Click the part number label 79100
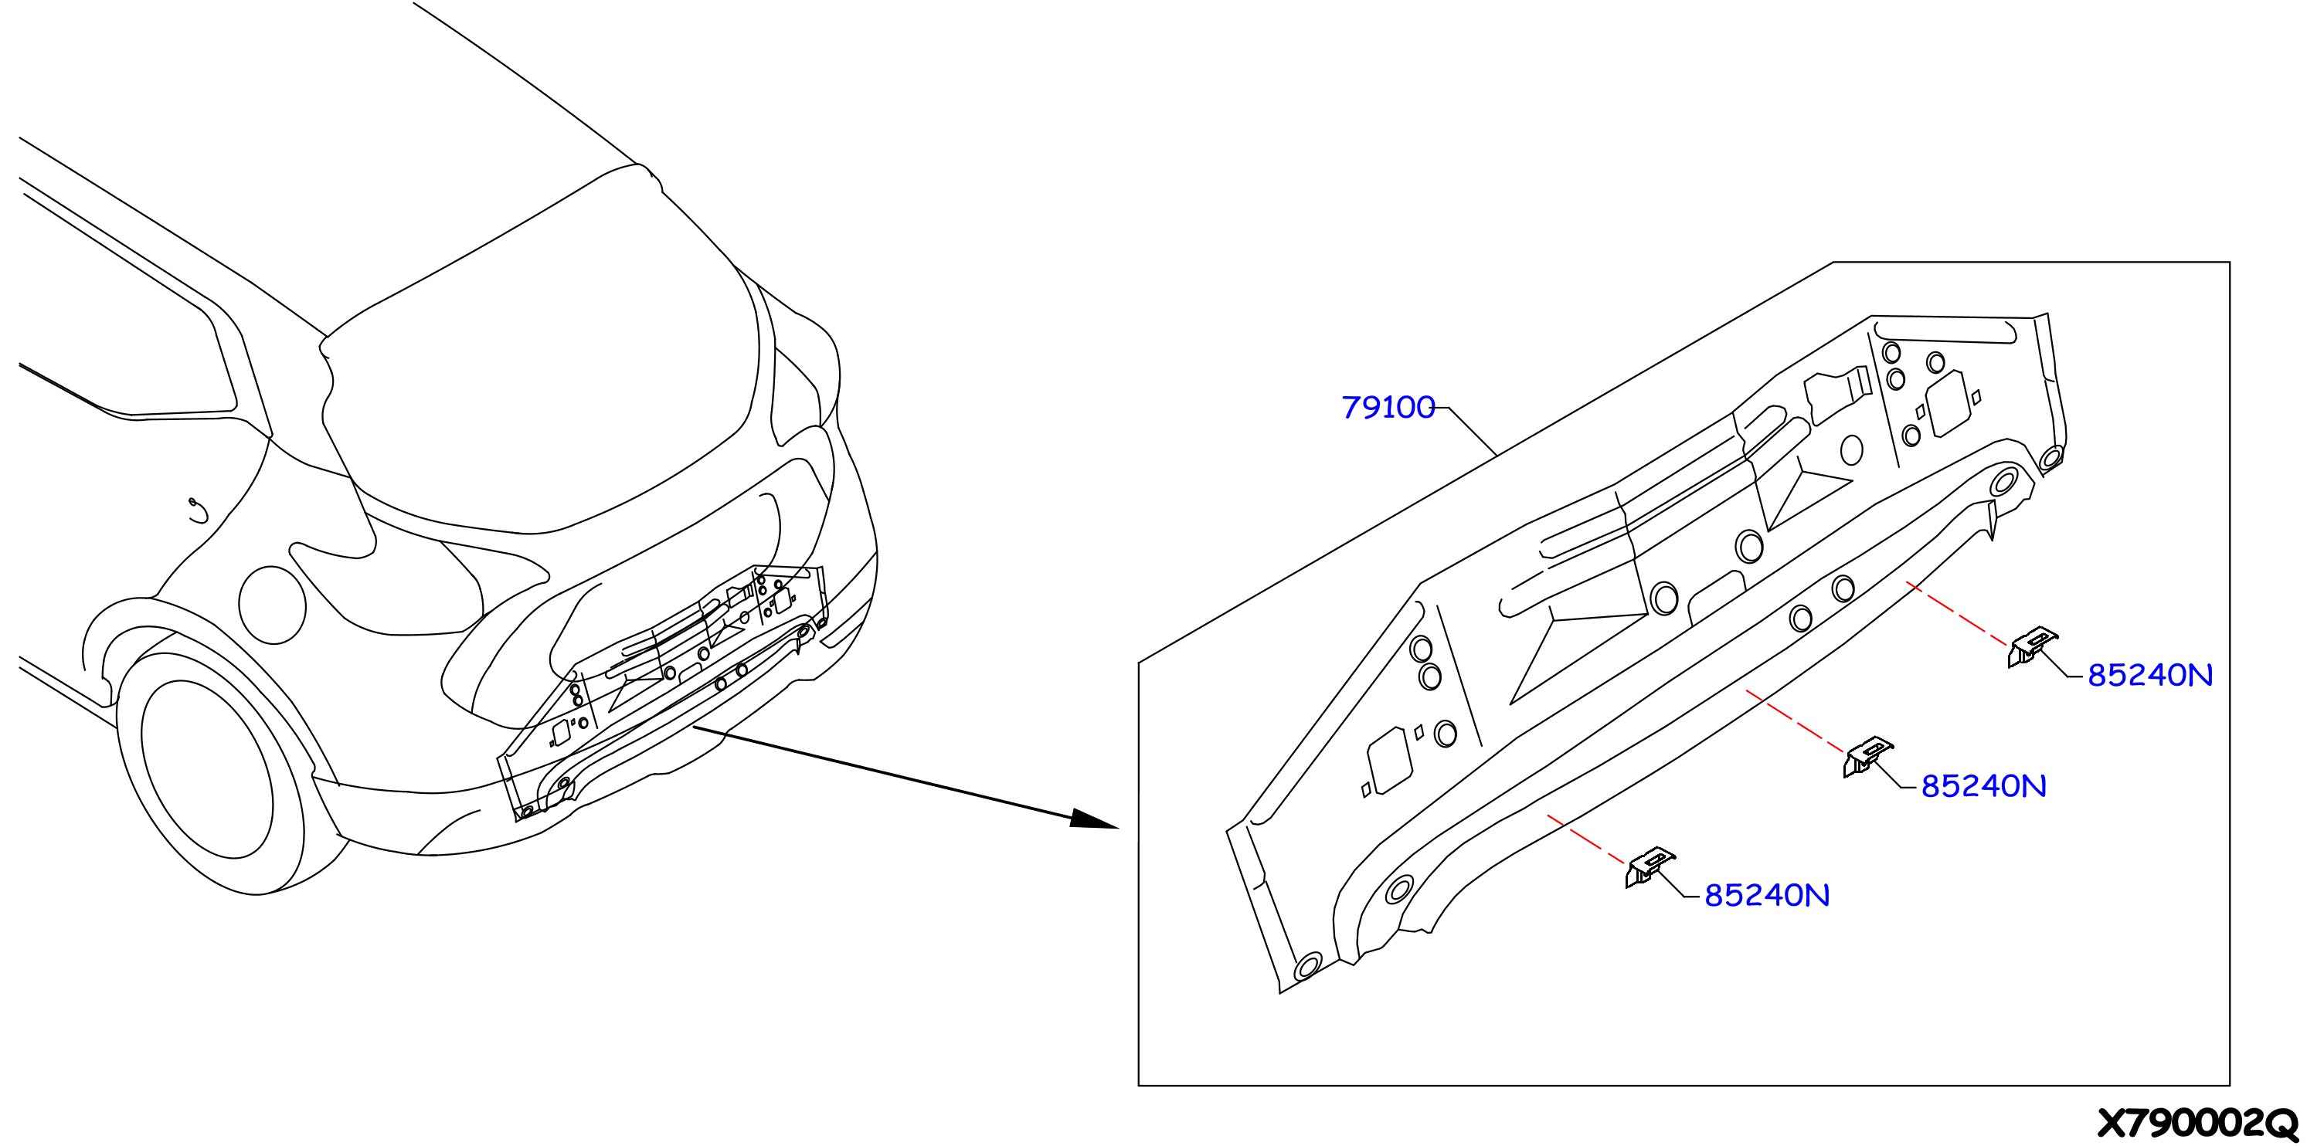click(1388, 408)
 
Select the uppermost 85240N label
click(2149, 675)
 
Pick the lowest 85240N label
click(1766, 895)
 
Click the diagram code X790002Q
click(2197, 1123)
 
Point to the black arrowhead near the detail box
click(1094, 819)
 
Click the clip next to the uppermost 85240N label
click(2032, 646)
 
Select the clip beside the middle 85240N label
click(1867, 757)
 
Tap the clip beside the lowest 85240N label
click(1650, 866)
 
